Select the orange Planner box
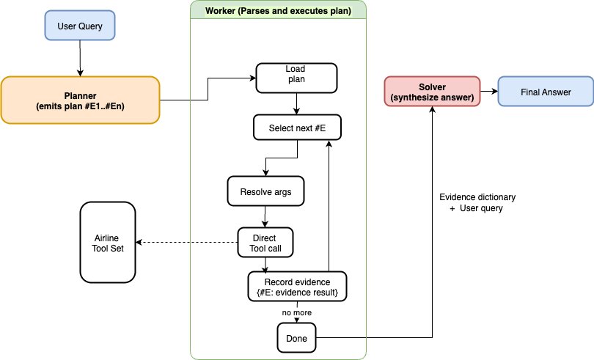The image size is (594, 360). click(x=79, y=100)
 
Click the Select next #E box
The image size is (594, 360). click(x=296, y=128)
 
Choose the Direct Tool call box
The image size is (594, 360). click(x=265, y=243)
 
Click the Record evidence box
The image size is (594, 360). click(x=296, y=285)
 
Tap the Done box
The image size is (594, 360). click(x=296, y=338)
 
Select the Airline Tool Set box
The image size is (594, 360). click(x=107, y=243)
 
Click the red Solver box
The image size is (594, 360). click(x=433, y=92)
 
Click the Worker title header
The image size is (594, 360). click(x=278, y=10)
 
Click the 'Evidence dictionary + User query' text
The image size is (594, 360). click(x=477, y=203)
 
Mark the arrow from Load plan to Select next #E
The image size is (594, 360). click(x=296, y=103)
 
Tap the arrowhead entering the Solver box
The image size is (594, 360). click(x=433, y=111)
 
